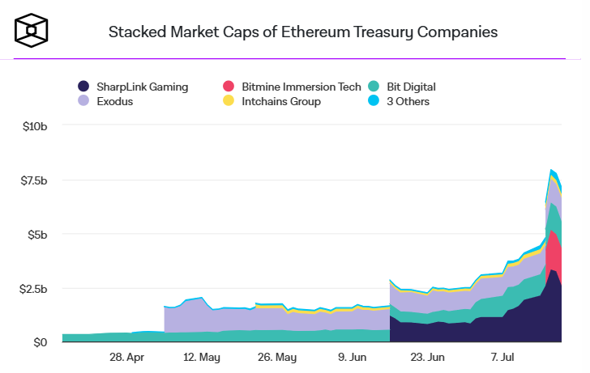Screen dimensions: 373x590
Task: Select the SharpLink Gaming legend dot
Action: [x=83, y=86]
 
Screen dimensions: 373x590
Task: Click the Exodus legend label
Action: [x=115, y=101]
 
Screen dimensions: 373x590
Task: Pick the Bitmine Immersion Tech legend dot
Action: [x=228, y=86]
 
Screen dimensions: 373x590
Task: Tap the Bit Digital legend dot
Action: [x=373, y=86]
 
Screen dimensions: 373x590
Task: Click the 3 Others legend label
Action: [x=408, y=101]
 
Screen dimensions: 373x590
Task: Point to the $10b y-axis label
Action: [x=35, y=127]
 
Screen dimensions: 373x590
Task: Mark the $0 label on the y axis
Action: [x=41, y=342]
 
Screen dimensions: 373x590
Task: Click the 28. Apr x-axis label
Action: [x=126, y=357]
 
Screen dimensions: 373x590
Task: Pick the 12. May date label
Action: [x=202, y=357]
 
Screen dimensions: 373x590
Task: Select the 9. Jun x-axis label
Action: [x=351, y=357]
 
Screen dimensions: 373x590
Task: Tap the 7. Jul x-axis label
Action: [x=501, y=357]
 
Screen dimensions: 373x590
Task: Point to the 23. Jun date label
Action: [x=426, y=357]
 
